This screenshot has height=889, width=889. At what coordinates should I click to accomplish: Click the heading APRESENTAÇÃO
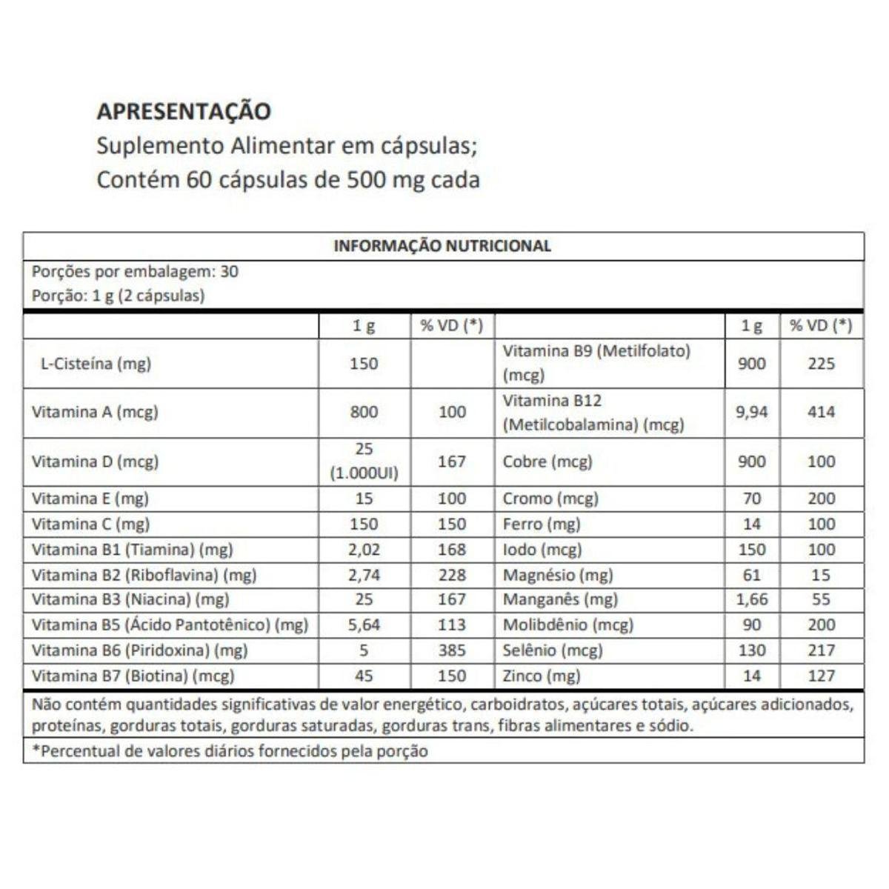click(184, 111)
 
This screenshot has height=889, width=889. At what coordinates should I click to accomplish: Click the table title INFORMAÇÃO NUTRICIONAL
click(442, 246)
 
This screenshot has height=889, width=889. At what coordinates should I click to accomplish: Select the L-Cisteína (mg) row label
click(95, 364)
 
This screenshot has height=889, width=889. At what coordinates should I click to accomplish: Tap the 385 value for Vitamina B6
click(452, 650)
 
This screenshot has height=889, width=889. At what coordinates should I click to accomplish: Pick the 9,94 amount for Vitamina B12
click(751, 412)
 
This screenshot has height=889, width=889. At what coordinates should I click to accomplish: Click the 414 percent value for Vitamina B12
click(821, 412)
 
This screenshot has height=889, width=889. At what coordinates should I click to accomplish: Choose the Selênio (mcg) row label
click(553, 650)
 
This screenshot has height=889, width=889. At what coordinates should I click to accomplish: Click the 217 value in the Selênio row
click(821, 650)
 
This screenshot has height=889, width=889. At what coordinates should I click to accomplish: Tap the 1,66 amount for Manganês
click(751, 599)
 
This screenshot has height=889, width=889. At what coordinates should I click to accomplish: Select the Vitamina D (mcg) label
click(95, 462)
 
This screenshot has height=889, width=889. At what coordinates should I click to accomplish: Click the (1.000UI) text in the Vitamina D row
click(364, 473)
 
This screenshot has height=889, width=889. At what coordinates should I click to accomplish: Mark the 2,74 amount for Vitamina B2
click(364, 575)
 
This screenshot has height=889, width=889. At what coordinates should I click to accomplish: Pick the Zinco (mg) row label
click(542, 676)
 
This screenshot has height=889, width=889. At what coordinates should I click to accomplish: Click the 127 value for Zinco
click(821, 676)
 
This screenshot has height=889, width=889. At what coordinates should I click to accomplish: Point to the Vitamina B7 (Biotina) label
click(133, 676)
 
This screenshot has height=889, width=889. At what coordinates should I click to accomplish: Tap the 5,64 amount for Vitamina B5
click(364, 625)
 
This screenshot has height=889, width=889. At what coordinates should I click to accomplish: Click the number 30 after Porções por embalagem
click(230, 271)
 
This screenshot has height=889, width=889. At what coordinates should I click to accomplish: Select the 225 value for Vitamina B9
click(821, 364)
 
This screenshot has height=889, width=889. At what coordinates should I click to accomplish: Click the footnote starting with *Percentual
click(230, 751)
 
